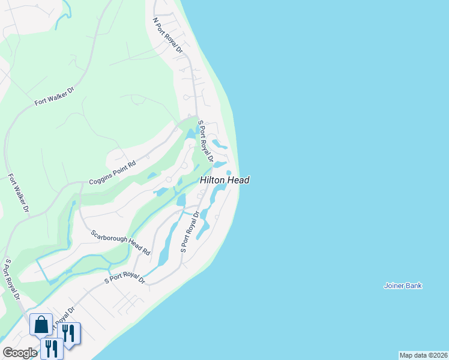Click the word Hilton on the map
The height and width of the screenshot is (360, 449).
pyautogui.click(x=213, y=180)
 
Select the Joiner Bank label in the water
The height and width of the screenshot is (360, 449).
pyautogui.click(x=403, y=286)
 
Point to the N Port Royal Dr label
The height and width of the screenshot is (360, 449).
pyautogui.click(x=167, y=35)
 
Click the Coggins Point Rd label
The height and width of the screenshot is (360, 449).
pyautogui.click(x=113, y=173)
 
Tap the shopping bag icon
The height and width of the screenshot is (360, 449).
pyautogui.click(x=41, y=325)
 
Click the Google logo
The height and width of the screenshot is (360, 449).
pyautogui.click(x=19, y=353)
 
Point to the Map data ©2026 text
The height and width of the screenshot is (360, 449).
pyautogui.click(x=423, y=355)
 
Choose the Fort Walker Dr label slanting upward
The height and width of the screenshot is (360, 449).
pyautogui.click(x=54, y=96)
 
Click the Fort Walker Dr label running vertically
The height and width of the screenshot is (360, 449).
pyautogui.click(x=19, y=194)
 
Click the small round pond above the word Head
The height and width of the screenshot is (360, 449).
pyautogui.click(x=229, y=173)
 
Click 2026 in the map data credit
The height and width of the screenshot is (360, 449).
pyautogui.click(x=437, y=355)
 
